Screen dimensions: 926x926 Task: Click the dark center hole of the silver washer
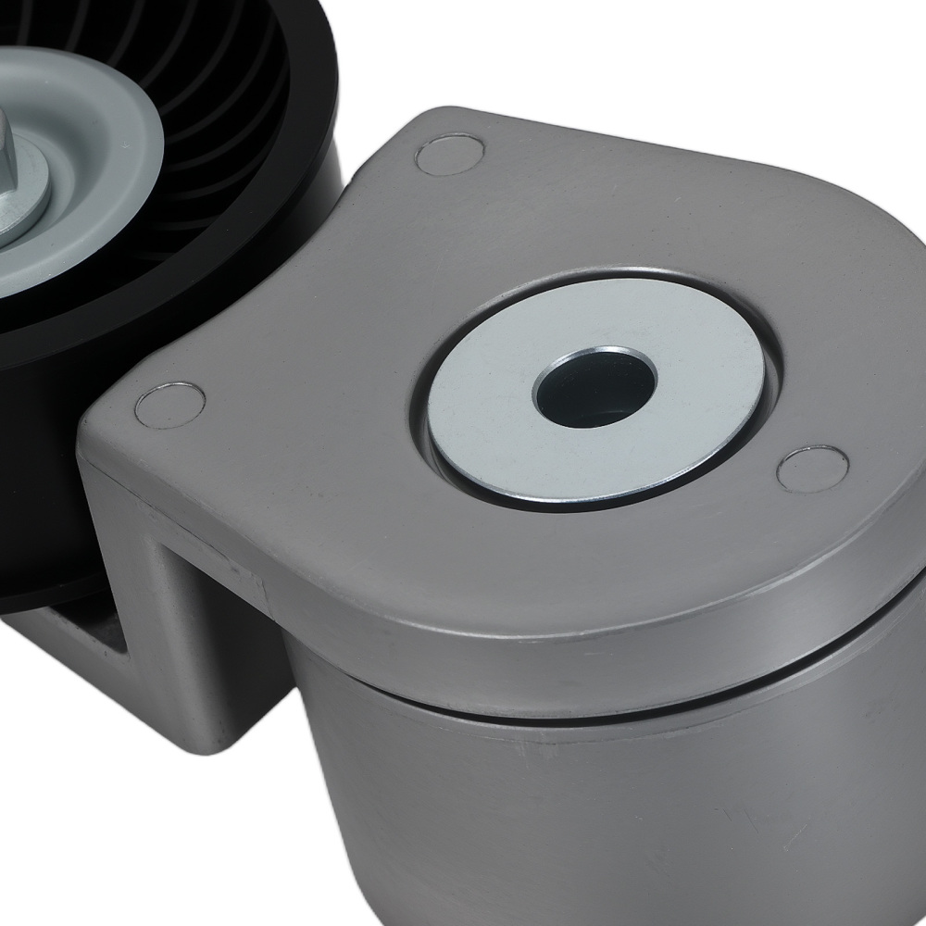point(595,390)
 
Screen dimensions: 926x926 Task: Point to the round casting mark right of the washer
point(811,469)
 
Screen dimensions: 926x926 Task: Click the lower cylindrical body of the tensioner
point(602,815)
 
